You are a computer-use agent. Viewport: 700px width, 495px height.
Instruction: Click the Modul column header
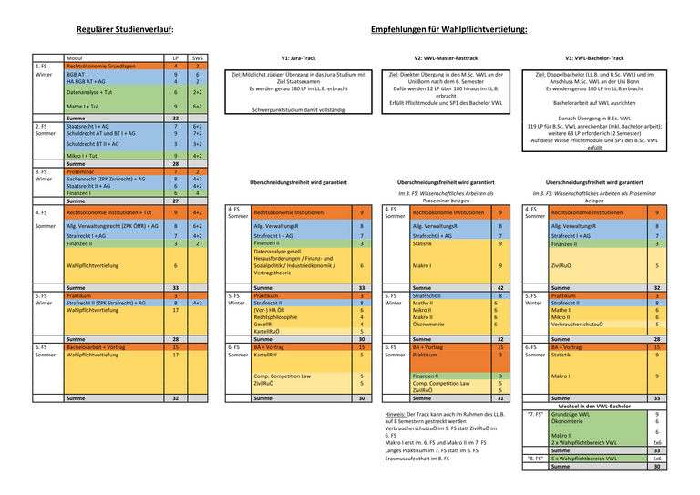click(x=77, y=58)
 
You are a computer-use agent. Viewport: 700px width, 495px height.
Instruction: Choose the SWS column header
click(x=198, y=58)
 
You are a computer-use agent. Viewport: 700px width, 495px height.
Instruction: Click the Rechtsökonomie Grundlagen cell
click(x=102, y=67)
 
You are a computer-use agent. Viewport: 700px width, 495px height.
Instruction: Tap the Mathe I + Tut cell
click(x=84, y=107)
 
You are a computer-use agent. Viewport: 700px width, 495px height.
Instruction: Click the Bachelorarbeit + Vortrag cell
click(x=97, y=347)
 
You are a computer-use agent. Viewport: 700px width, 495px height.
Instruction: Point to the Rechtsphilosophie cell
click(x=278, y=316)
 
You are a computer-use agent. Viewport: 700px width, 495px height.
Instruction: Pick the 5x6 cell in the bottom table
click(x=657, y=458)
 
